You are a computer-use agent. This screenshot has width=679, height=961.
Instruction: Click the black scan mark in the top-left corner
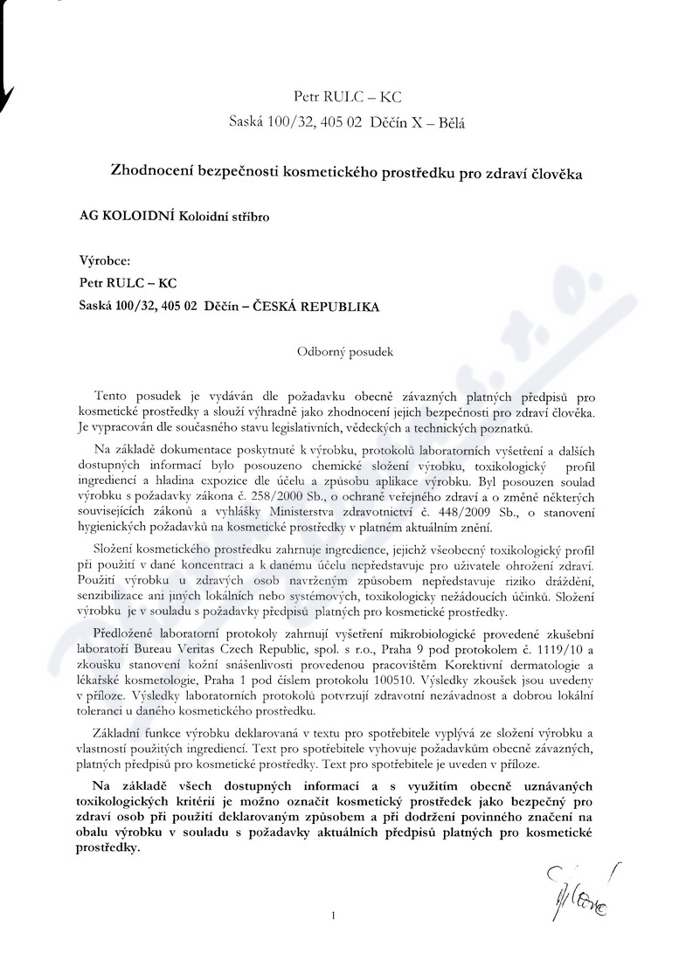tap(8, 87)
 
